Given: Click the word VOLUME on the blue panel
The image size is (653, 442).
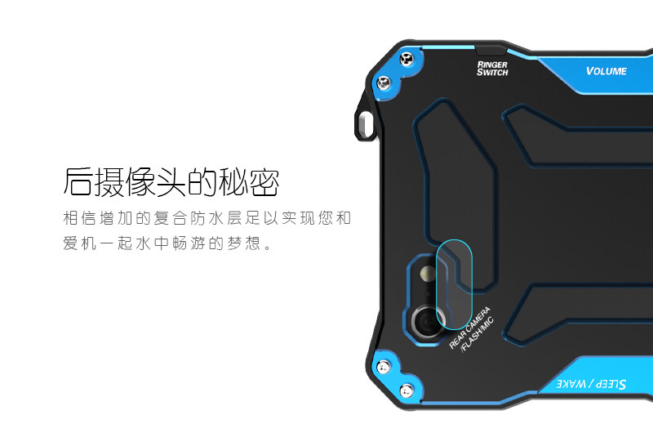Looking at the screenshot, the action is coord(606,71).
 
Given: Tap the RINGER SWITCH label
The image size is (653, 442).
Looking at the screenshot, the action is coord(492,68).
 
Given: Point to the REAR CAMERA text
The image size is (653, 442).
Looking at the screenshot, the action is coord(469,326).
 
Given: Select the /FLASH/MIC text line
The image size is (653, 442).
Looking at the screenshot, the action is coord(478,334).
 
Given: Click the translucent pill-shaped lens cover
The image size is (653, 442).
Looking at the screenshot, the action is coord(455,286).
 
